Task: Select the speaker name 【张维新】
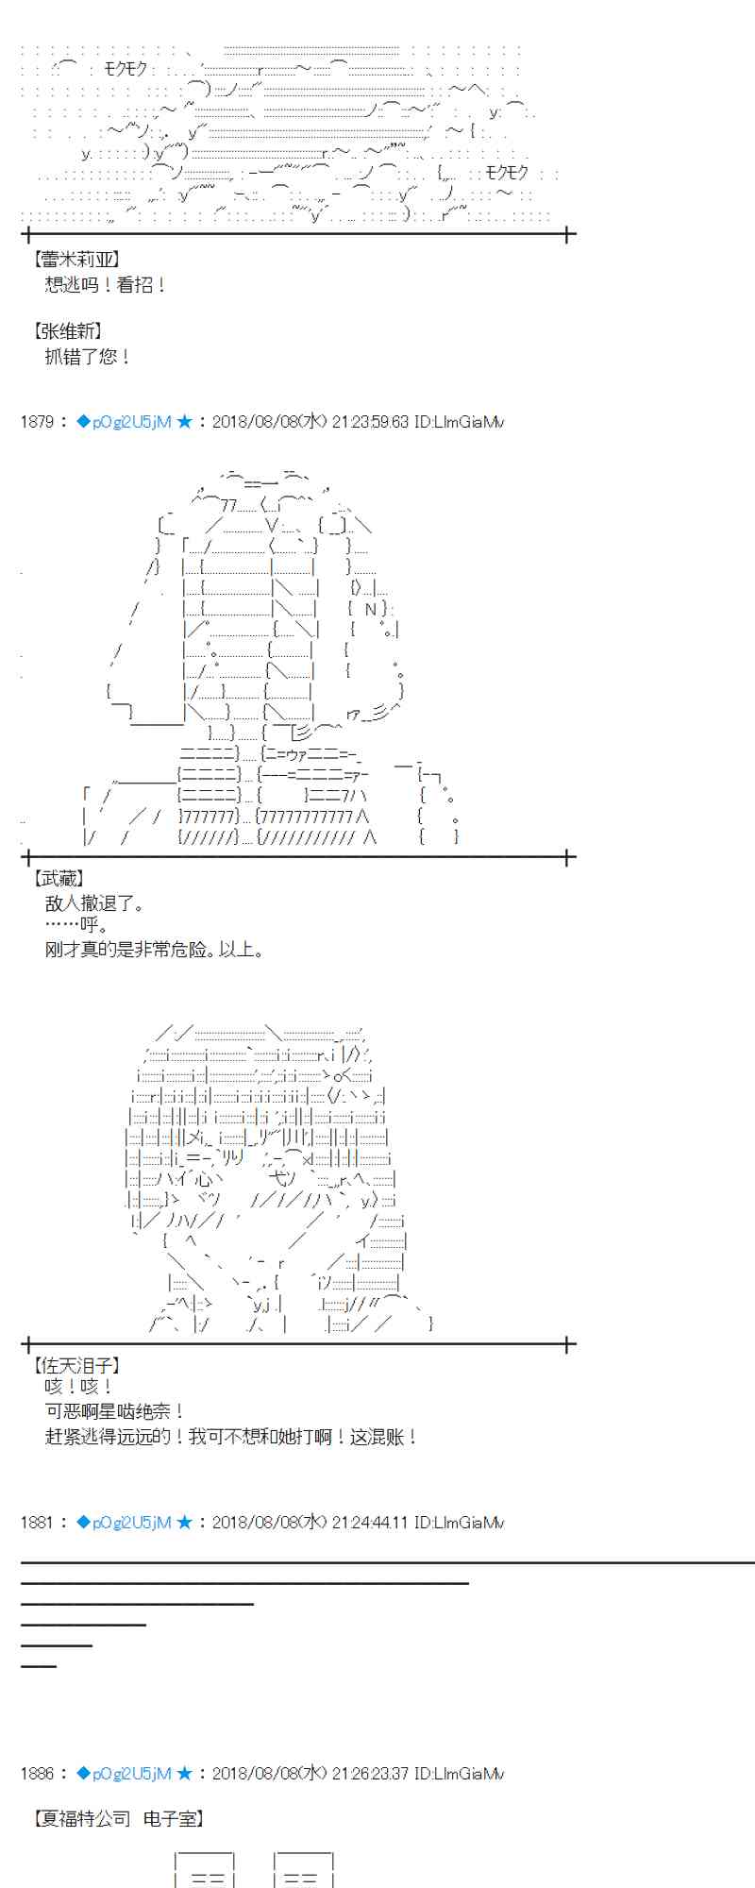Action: coord(69,331)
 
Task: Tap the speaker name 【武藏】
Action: coord(59,880)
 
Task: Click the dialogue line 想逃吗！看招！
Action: coord(106,284)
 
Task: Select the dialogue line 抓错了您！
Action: coord(88,357)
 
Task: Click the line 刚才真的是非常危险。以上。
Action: coord(154,950)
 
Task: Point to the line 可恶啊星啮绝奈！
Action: coord(114,1411)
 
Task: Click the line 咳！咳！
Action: coord(79,1387)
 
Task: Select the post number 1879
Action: coord(37,422)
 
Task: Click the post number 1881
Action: coord(37,1522)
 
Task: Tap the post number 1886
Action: coord(37,1774)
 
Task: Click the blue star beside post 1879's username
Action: coord(184,422)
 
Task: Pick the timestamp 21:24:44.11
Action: coord(370,1522)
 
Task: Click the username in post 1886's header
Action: coord(131,1774)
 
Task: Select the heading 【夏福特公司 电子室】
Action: coord(119,1818)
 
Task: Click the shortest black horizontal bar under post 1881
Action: coord(39,1666)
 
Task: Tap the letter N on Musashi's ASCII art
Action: coord(371,610)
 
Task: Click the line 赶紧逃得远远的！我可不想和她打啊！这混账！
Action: coord(231,1437)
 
